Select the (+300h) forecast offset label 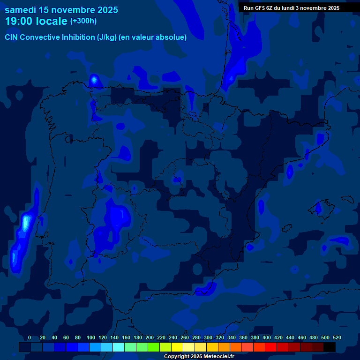[x=83, y=21]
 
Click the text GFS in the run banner [x=259, y=8]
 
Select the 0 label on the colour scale [x=30, y=337]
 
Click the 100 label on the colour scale [x=91, y=337]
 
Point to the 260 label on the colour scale [x=185, y=337]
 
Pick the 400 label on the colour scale [x=267, y=337]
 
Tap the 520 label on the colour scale [x=337, y=337]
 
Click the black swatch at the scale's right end [x=330, y=347]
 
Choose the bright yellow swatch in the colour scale [x=177, y=347]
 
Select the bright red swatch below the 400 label [x=270, y=347]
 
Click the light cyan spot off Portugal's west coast [x=26, y=223]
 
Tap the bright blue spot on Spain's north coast [x=94, y=80]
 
